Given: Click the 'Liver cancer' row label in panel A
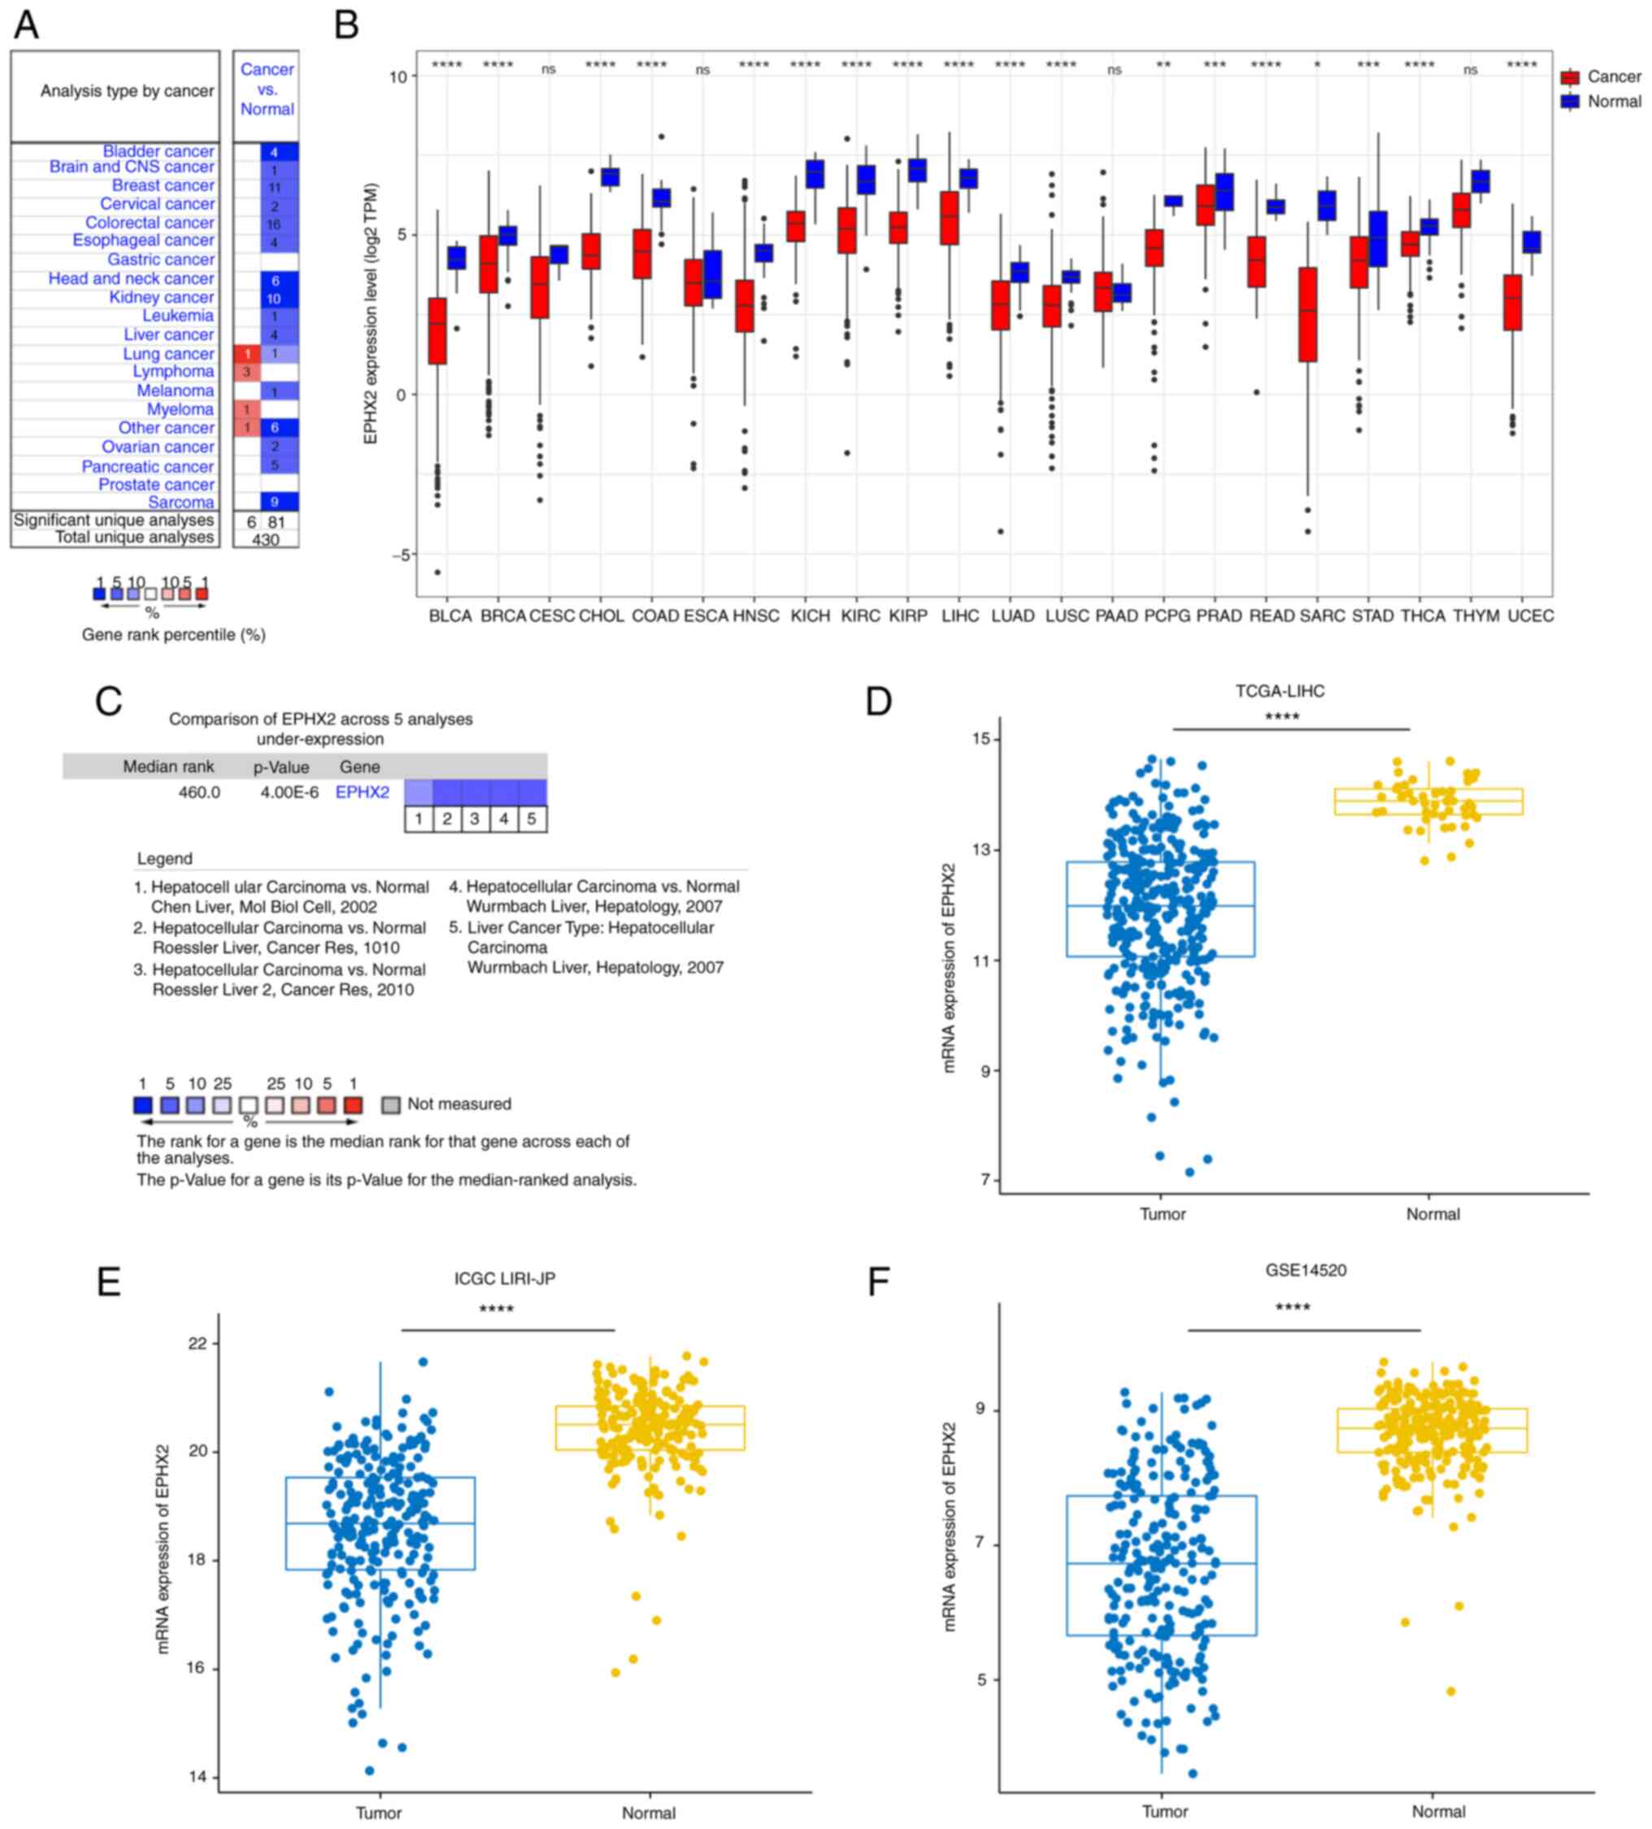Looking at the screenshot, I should tap(169, 335).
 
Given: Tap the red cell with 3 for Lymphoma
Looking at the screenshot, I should tap(246, 372).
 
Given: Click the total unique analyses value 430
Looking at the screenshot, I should tap(265, 539).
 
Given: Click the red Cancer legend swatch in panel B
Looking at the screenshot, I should tap(1569, 77).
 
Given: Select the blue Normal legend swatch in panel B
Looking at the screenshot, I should tap(1569, 102).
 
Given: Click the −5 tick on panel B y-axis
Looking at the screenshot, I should tap(398, 555).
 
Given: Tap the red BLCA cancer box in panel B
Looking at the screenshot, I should tap(437, 330).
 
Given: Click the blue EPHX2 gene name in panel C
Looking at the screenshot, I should tap(362, 792).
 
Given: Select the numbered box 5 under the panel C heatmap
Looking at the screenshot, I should tap(532, 818).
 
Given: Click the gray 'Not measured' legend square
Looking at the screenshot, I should tap(391, 1104).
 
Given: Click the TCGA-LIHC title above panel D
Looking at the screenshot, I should tap(1279, 691).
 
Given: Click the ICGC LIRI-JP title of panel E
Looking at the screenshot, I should tap(504, 1278).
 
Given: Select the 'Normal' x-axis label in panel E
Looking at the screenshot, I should tap(648, 1812).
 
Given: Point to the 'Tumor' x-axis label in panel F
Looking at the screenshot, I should tap(1164, 1811).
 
